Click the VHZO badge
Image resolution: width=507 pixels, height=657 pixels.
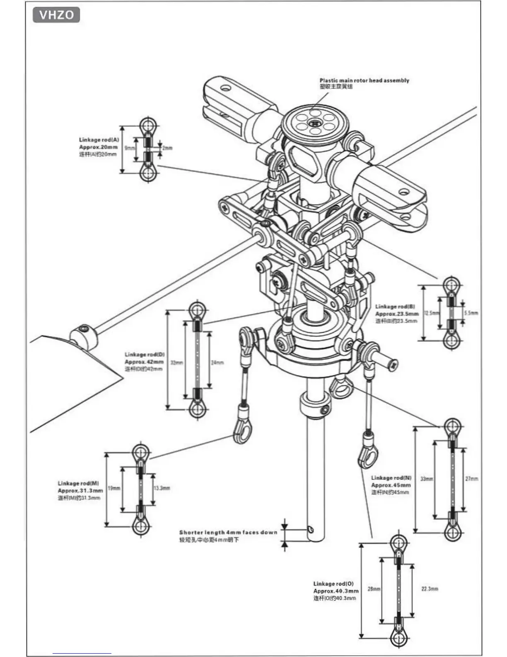pos(56,15)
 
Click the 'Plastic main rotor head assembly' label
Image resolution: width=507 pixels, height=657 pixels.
pos(364,80)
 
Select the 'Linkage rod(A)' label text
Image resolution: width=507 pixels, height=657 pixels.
pos(99,140)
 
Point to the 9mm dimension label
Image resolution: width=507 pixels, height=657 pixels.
pos(130,148)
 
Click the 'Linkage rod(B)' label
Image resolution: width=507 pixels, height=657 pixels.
pos(395,307)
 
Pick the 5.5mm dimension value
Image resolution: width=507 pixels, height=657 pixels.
pos(471,313)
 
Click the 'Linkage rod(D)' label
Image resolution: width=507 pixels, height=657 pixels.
pos(145,355)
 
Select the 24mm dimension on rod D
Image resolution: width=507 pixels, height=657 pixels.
pos(217,363)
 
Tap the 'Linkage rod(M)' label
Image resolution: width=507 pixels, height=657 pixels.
pos(78,484)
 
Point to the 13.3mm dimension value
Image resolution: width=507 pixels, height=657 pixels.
pos(162,488)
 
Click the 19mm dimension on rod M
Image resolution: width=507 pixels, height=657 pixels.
pos(114,488)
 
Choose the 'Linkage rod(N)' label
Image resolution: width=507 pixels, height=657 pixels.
pos(391,478)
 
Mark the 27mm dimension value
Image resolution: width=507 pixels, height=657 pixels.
pos(471,479)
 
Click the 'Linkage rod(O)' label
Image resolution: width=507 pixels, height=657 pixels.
pos(333,584)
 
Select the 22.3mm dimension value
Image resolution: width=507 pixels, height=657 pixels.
pos(430,589)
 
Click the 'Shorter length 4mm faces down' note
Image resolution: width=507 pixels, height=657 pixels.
pos(228,532)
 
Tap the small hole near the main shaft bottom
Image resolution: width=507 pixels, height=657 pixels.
pos(311,529)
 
